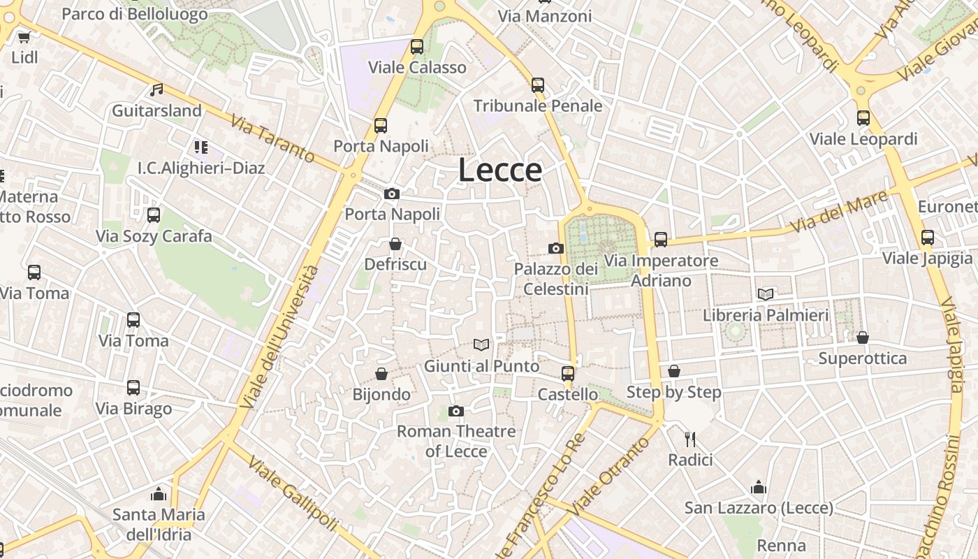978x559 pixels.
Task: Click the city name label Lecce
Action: pyautogui.click(x=500, y=170)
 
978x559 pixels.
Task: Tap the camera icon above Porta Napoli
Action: pyautogui.click(x=392, y=194)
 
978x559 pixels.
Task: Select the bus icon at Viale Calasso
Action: pyautogui.click(x=417, y=47)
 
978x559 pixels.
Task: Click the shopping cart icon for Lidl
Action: pyautogui.click(x=24, y=37)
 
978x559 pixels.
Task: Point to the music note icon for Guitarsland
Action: pyautogui.click(x=156, y=90)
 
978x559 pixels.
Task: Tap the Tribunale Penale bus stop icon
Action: pyautogui.click(x=538, y=85)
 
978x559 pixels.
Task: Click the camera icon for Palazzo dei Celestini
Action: pyautogui.click(x=556, y=248)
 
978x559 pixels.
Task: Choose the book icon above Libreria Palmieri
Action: pyautogui.click(x=766, y=294)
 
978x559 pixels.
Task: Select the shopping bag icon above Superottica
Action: pyautogui.click(x=863, y=337)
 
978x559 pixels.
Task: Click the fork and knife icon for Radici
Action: pyautogui.click(x=690, y=439)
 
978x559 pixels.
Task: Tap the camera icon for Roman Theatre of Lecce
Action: pyautogui.click(x=456, y=411)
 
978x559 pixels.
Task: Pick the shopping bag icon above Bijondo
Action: pyautogui.click(x=381, y=374)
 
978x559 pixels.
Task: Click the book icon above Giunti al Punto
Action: pyautogui.click(x=481, y=344)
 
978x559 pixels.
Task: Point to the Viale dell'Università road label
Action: pyautogui.click(x=279, y=337)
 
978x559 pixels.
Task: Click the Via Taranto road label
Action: pyautogui.click(x=272, y=138)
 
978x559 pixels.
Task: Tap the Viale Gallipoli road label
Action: pyautogui.click(x=293, y=493)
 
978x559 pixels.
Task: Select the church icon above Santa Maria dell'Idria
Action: pyautogui.click(x=159, y=494)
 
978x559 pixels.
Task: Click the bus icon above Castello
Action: pyautogui.click(x=568, y=373)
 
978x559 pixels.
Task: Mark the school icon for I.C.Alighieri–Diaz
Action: pyautogui.click(x=201, y=147)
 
